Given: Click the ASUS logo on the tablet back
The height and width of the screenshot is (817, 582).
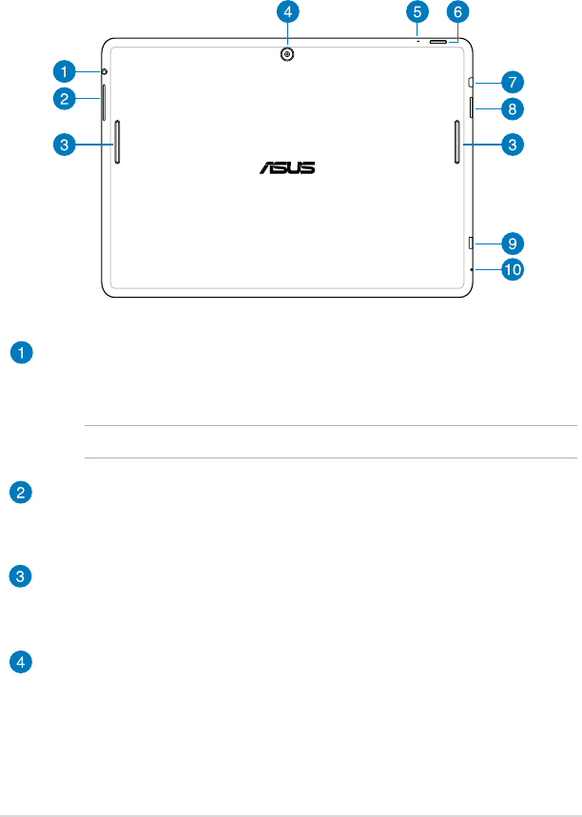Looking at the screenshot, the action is pyautogui.click(x=288, y=168).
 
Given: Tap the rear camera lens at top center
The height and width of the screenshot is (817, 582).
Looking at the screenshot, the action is pyautogui.click(x=287, y=54).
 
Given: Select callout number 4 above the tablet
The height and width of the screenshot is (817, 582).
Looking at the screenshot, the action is pyautogui.click(x=288, y=12).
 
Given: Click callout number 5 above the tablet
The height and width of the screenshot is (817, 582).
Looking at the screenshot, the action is pyautogui.click(x=417, y=12).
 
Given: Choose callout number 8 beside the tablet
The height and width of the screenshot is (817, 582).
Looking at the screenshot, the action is pyautogui.click(x=512, y=109).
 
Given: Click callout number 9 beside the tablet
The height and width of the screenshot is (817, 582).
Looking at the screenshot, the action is pyautogui.click(x=512, y=243).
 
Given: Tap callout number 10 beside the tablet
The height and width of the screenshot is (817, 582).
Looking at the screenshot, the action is pyautogui.click(x=513, y=270).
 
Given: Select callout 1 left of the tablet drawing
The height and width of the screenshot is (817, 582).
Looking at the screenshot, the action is pyautogui.click(x=64, y=70).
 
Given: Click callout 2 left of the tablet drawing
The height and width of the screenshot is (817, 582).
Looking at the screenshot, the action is pyautogui.click(x=64, y=97).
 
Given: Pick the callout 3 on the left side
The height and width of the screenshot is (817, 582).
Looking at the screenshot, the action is pyautogui.click(x=64, y=146).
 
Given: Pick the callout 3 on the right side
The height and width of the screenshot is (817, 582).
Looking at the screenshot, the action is pyautogui.click(x=512, y=146).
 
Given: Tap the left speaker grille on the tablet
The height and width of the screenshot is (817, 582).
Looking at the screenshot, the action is pyautogui.click(x=117, y=142).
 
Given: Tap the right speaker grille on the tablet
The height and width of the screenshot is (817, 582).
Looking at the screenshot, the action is pyautogui.click(x=457, y=142).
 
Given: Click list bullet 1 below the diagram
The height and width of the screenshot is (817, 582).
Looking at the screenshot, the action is pyautogui.click(x=19, y=354).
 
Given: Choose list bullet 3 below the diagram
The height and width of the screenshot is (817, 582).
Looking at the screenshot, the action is pyautogui.click(x=19, y=576).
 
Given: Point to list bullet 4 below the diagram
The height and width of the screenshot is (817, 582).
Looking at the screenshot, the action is pyautogui.click(x=19, y=660).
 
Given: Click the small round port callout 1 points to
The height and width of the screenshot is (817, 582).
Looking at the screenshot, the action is pyautogui.click(x=104, y=71).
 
